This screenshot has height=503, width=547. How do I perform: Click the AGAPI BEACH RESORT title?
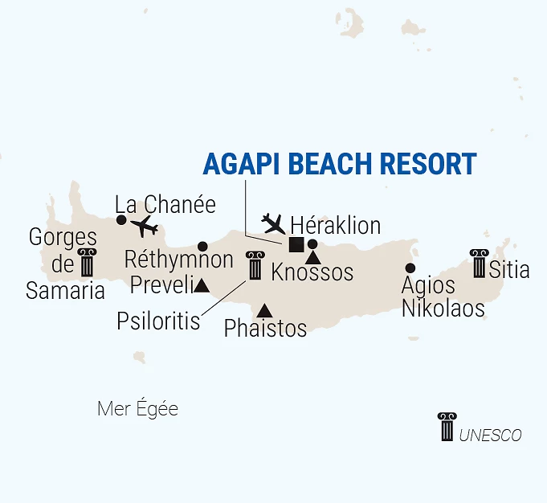(340, 164)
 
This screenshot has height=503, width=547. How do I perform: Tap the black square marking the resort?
(296, 245)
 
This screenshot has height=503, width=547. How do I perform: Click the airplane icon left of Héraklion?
(274, 222)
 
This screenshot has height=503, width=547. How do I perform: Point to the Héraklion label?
(335, 223)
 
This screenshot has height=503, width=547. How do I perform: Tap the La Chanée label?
(165, 204)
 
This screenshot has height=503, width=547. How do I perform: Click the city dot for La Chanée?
(121, 220)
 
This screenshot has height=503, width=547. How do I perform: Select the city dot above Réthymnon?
(202, 246)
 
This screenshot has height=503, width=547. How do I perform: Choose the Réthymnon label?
(179, 260)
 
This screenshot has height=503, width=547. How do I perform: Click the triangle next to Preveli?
(202, 285)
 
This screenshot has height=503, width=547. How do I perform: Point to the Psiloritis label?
(158, 321)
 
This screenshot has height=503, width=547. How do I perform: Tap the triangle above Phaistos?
(264, 310)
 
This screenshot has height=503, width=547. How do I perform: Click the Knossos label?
(312, 272)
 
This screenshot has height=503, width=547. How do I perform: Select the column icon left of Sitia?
(480, 264)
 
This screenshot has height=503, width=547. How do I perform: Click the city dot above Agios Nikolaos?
(410, 268)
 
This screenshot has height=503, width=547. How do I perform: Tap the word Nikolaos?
(443, 308)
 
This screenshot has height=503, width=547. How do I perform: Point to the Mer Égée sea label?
(137, 409)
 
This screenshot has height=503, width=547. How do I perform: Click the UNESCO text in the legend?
(490, 436)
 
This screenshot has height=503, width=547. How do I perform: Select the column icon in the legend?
(447, 427)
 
